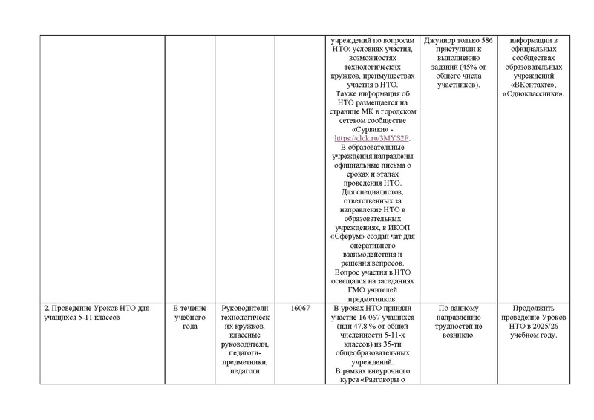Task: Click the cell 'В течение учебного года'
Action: [189, 318]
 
